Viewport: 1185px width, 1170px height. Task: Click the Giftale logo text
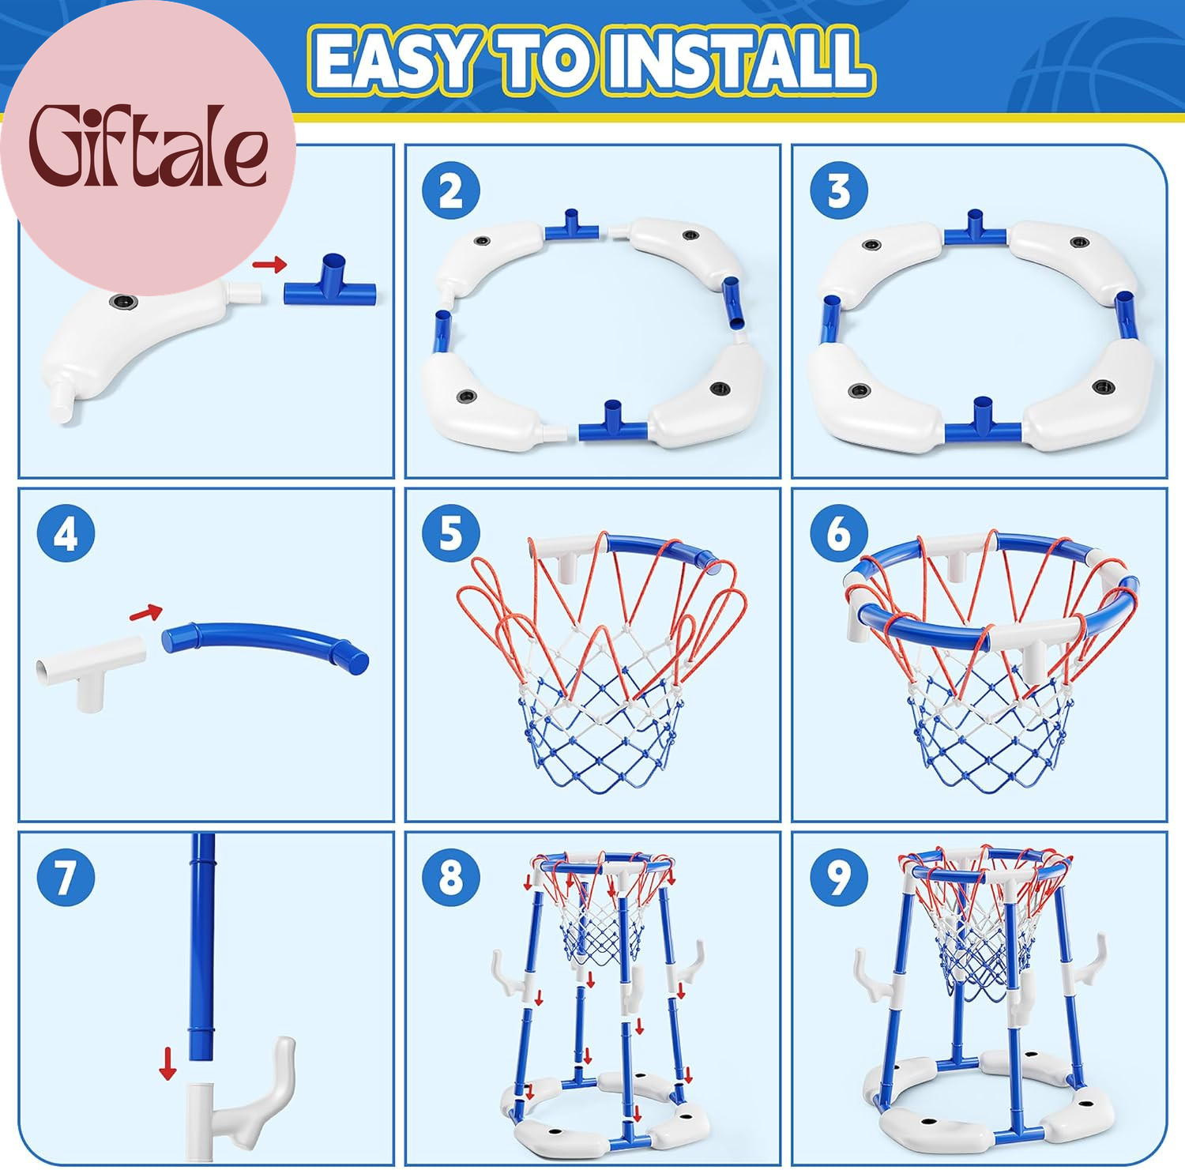point(149,146)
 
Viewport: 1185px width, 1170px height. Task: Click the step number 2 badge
point(450,191)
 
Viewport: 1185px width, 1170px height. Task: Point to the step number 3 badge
point(839,191)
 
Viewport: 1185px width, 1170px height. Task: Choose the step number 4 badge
point(66,533)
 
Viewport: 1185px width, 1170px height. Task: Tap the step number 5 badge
point(450,533)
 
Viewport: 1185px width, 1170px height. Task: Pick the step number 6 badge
point(839,533)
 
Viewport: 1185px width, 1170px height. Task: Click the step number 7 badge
point(66,877)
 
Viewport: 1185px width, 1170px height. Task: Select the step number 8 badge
point(450,877)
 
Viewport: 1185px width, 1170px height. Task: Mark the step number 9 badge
point(839,877)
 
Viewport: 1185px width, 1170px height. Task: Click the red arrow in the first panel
point(270,265)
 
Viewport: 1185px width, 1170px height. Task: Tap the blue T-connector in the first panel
point(330,284)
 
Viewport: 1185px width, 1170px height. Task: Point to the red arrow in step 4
point(146,612)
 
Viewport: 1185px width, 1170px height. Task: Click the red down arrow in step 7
point(167,1063)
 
